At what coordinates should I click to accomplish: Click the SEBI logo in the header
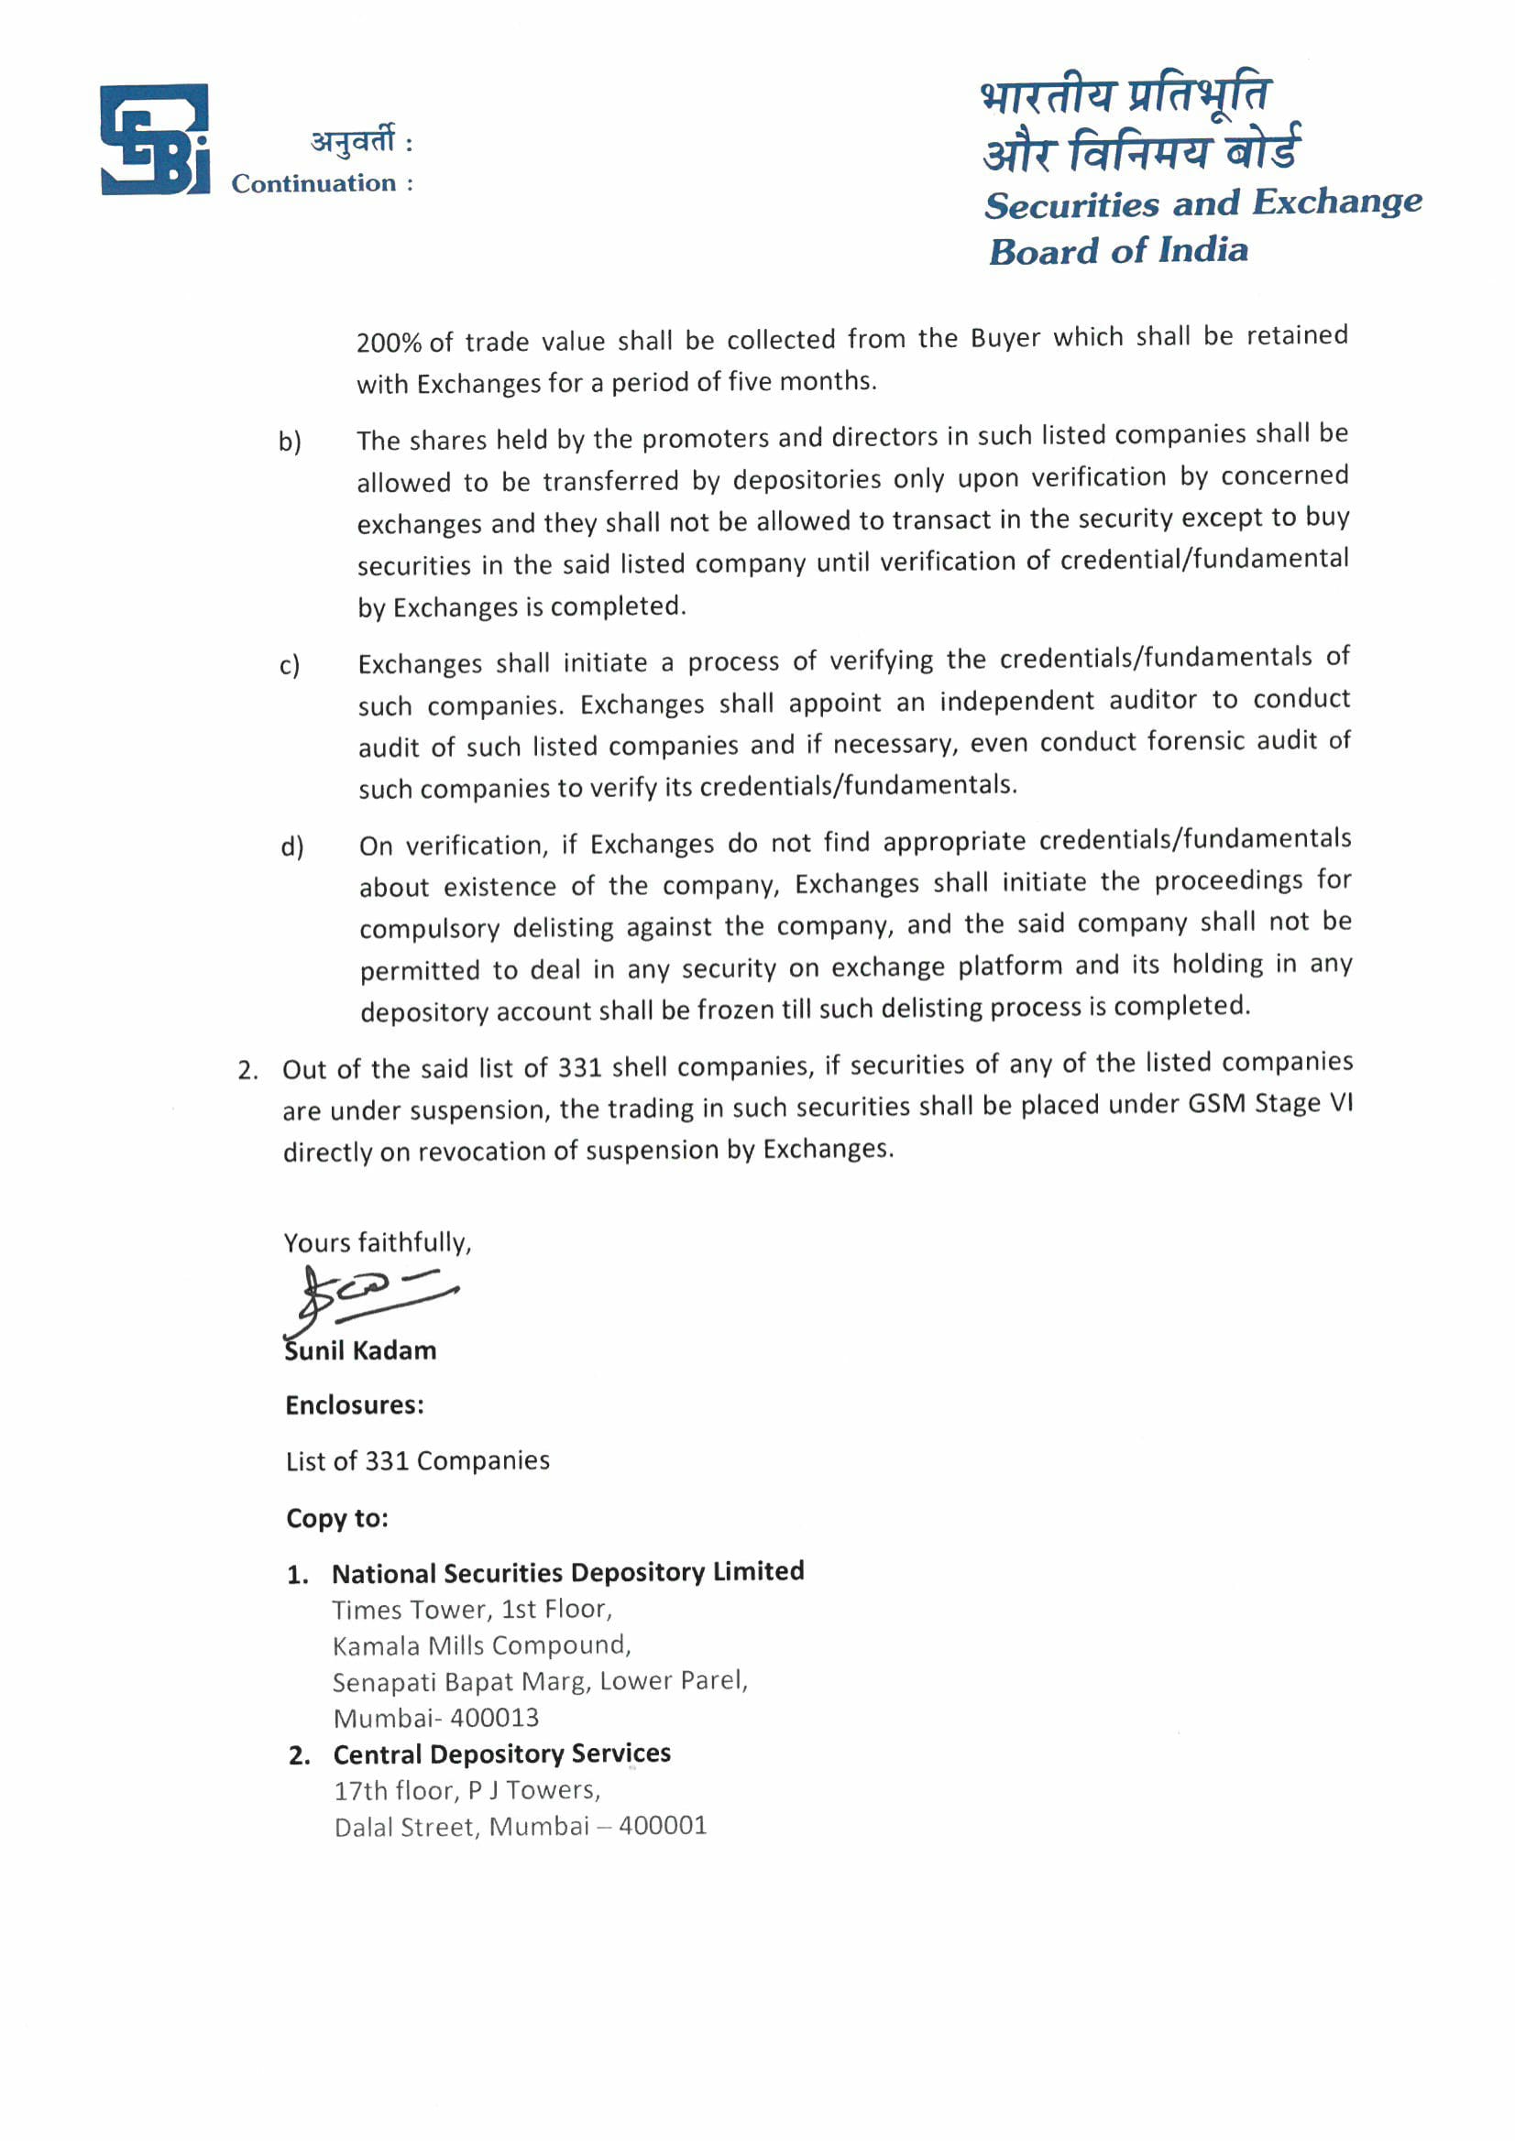[155, 140]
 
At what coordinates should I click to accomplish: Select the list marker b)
[291, 441]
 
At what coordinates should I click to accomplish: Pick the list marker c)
[291, 666]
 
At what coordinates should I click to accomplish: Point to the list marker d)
[292, 847]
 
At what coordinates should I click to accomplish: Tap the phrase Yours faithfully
[377, 1243]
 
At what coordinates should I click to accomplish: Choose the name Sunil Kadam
[361, 1350]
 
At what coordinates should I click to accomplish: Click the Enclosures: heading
[355, 1405]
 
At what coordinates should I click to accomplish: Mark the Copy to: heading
[336, 1518]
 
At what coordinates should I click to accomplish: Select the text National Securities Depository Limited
[567, 1573]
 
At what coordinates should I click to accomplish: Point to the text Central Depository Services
[502, 1754]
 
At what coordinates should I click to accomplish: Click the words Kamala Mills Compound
[480, 1646]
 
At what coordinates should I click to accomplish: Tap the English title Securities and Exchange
[1202, 203]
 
